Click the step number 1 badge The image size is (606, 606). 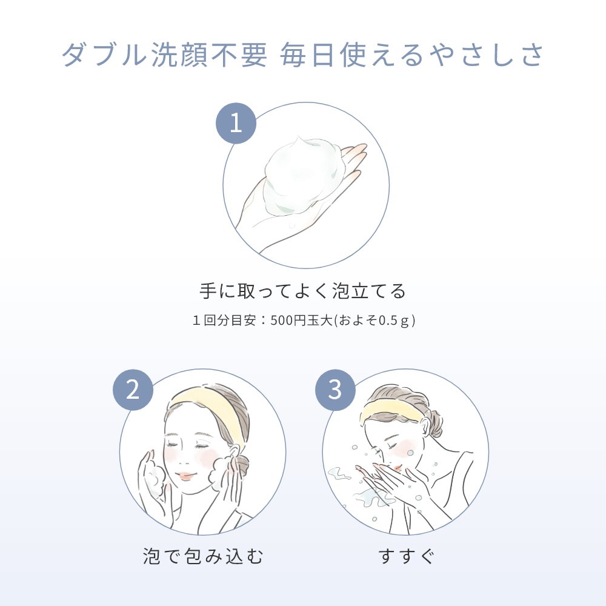[236, 123]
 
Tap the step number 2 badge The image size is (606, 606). [133, 390]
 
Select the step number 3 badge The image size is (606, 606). [335, 390]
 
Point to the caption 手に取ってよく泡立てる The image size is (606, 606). [302, 291]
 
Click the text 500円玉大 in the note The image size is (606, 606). [302, 321]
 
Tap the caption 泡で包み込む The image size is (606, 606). [203, 556]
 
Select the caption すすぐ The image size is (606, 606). [406, 556]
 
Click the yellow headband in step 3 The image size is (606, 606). [390, 411]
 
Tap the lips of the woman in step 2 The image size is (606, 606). [185, 476]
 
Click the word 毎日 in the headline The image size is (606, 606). [307, 55]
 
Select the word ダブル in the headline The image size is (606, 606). [104, 55]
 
